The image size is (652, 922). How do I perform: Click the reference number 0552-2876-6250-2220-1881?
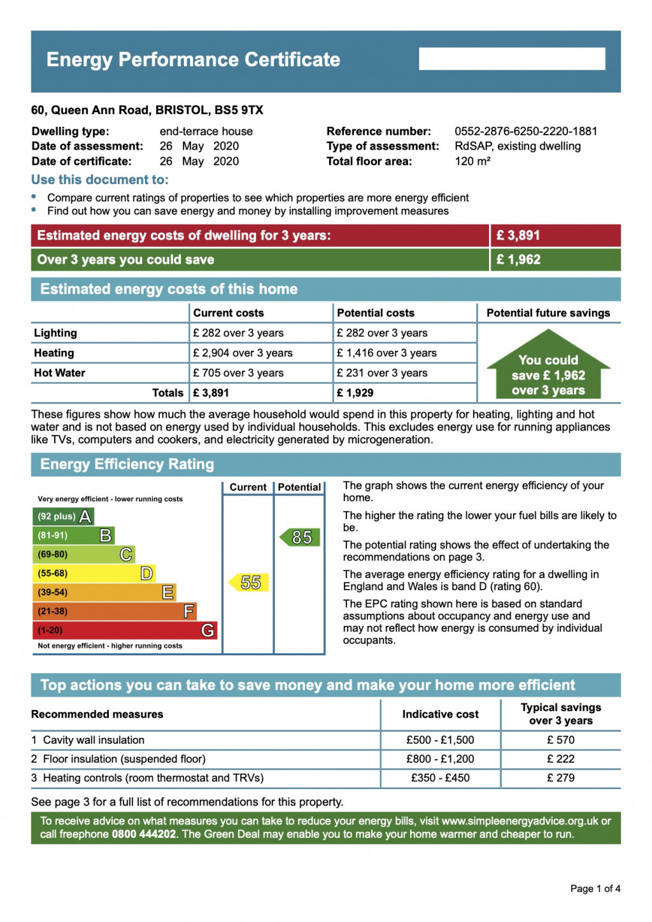(525, 131)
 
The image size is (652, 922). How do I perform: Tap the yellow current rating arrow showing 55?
(249, 582)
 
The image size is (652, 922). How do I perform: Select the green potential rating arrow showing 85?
(300, 537)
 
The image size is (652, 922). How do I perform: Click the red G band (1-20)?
(125, 630)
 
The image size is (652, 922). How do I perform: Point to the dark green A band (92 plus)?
(63, 516)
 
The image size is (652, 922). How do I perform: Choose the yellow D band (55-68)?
(94, 574)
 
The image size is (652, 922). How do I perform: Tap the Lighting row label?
(55, 333)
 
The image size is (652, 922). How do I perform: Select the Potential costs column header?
(375, 313)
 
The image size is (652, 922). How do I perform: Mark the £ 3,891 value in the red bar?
(518, 236)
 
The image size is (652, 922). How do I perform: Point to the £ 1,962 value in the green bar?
(518, 260)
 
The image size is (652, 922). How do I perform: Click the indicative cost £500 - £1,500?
(440, 740)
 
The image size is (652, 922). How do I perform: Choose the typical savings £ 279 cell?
(560, 778)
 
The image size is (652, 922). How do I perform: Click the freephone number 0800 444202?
(144, 834)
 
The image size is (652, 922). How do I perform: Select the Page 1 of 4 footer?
(595, 888)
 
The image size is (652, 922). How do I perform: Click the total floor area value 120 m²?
(472, 161)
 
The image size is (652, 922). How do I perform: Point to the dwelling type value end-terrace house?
(206, 131)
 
